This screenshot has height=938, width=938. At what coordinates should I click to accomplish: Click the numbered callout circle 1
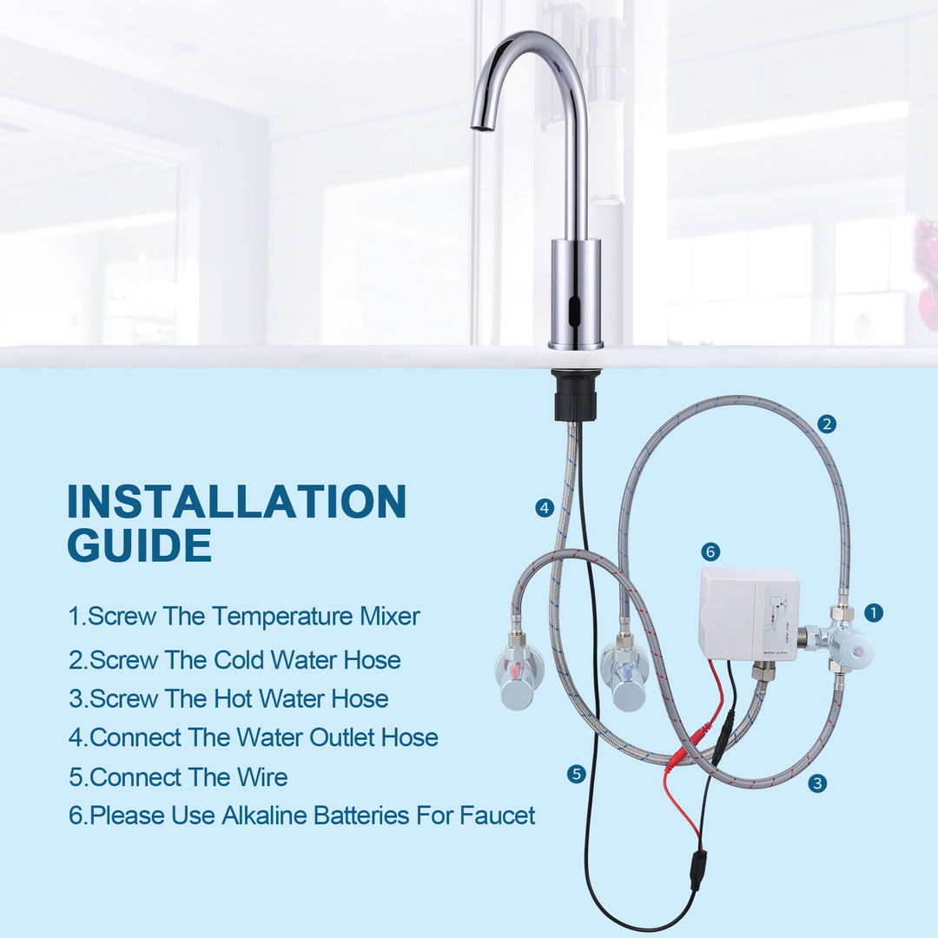click(x=874, y=612)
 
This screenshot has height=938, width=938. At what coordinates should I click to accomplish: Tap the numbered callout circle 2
click(x=827, y=424)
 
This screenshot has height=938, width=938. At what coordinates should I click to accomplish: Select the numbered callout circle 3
click(x=817, y=783)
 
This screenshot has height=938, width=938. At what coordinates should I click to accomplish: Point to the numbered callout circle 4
click(x=545, y=508)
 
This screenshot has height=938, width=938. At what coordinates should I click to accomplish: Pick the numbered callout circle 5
click(x=576, y=774)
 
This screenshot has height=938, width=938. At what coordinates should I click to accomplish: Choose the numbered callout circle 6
click(x=710, y=552)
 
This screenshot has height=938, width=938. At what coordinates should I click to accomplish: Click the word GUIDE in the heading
click(x=139, y=545)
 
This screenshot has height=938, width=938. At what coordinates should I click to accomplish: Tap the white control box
click(x=748, y=614)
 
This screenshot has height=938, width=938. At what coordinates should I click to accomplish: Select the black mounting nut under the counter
click(x=576, y=395)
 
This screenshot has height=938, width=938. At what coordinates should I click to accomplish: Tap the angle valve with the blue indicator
click(x=624, y=672)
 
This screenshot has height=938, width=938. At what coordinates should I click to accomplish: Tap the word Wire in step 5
click(x=262, y=777)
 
